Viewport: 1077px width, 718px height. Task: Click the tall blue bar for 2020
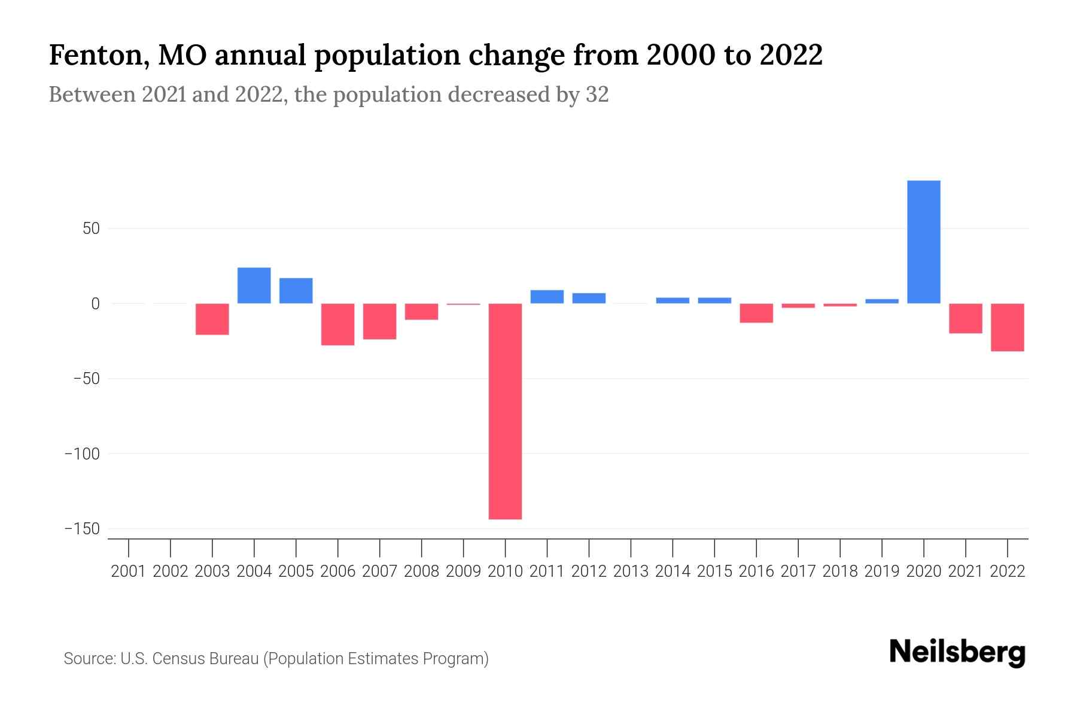[923, 242]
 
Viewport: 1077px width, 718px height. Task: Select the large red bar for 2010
[505, 411]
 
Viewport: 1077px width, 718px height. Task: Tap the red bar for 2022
[1007, 327]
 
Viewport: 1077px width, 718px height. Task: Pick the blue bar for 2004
[254, 285]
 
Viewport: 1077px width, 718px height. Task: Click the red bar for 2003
[212, 319]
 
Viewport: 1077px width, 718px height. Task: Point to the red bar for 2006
[337, 324]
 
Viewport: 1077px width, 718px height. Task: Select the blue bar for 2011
[547, 297]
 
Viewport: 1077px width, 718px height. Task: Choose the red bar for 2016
[756, 313]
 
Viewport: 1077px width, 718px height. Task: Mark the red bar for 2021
[965, 318]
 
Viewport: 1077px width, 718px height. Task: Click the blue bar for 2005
[296, 291]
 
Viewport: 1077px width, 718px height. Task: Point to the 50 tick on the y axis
[87, 229]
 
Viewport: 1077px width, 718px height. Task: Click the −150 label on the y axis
[82, 529]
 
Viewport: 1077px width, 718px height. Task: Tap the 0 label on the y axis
[95, 304]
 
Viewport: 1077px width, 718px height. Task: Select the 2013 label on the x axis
[631, 571]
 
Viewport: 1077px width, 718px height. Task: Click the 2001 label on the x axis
[129, 571]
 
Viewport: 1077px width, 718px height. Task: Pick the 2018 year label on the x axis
[840, 571]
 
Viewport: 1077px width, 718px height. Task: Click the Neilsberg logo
[957, 653]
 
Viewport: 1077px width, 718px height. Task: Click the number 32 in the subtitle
[597, 95]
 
